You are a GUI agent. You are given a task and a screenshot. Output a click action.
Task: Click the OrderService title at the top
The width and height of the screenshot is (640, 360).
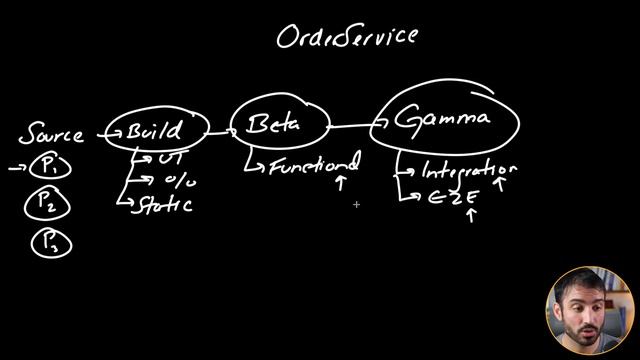[347, 36]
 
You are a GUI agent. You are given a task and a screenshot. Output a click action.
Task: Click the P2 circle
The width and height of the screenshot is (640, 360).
[47, 205]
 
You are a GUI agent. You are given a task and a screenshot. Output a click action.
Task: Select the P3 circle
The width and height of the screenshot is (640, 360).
[47, 242]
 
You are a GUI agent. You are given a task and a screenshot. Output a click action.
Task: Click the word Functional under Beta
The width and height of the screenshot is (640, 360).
[311, 166]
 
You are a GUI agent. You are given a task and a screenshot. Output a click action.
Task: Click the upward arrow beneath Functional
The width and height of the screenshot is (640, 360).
[340, 184]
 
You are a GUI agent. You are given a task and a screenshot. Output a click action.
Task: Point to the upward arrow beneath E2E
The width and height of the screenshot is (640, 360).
[471, 215]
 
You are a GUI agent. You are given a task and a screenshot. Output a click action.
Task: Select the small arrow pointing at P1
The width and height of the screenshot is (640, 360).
[17, 169]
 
